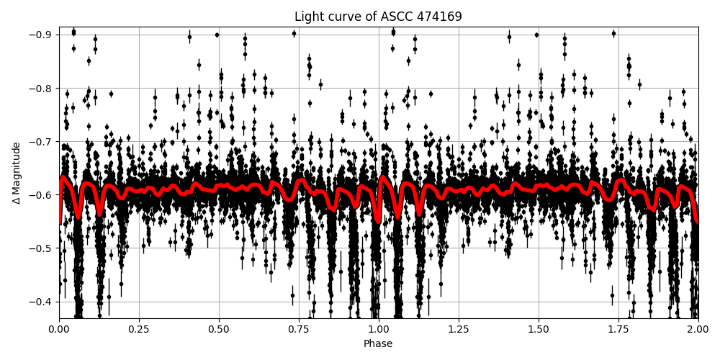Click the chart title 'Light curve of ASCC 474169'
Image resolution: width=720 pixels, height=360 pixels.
378,17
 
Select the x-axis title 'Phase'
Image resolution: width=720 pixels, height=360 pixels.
378,344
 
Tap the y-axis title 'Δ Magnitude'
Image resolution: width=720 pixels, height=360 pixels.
16,173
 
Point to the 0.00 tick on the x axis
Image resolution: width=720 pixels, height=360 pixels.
59,329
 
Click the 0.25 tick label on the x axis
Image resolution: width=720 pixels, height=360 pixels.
139,329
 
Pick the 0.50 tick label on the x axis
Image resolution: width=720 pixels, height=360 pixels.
219,329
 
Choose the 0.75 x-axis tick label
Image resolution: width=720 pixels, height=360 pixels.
299,329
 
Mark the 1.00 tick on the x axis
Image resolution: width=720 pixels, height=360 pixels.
379,329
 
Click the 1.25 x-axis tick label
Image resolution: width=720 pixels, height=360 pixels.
459,329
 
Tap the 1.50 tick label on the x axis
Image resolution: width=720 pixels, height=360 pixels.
539,329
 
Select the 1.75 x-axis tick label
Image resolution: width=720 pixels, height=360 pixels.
618,329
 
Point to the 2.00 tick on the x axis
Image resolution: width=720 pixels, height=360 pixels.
698,329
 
